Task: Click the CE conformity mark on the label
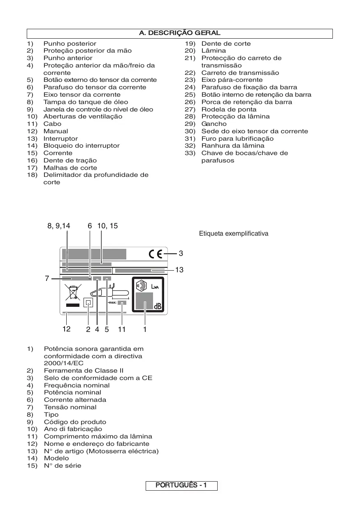point(158,254)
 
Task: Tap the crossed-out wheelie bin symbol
point(73,292)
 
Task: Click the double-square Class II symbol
point(88,303)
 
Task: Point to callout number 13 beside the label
point(179,270)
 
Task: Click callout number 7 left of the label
point(47,278)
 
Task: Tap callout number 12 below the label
point(66,329)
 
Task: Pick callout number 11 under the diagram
point(121,329)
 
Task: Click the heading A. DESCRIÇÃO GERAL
point(180,33)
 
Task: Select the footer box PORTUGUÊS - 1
point(181,485)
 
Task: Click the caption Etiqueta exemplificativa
point(234,234)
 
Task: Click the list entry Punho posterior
point(70,44)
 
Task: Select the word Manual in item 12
point(56,131)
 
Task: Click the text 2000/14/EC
point(63,363)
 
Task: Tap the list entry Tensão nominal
point(70,407)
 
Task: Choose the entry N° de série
point(63,466)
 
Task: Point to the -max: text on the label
point(111,303)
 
